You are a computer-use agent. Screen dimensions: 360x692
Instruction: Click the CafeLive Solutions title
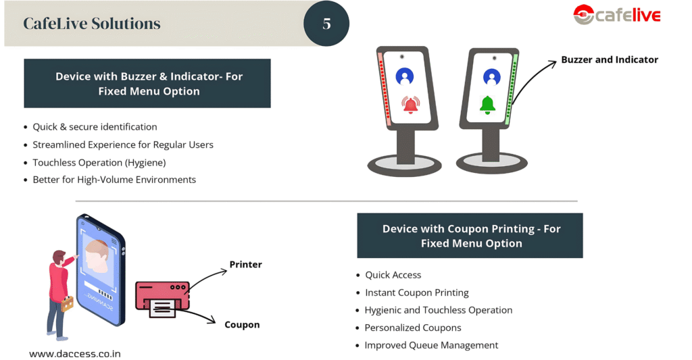pyautogui.click(x=92, y=24)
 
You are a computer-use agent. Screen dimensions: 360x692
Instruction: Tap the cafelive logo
pyautogui.click(x=616, y=15)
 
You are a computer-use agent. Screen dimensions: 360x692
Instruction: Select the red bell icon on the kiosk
pyautogui.click(x=410, y=105)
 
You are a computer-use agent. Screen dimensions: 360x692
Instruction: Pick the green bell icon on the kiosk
pyautogui.click(x=487, y=105)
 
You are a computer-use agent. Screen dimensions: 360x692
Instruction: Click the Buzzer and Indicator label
pyautogui.click(x=609, y=59)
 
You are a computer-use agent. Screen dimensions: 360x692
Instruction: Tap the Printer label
pyautogui.click(x=245, y=264)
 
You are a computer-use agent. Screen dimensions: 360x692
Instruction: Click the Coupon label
pyautogui.click(x=242, y=325)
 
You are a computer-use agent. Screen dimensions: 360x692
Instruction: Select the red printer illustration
pyautogui.click(x=161, y=297)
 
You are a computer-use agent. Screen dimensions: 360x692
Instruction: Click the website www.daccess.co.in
pyautogui.click(x=75, y=353)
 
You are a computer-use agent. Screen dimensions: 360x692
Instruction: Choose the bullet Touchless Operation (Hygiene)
pyautogui.click(x=99, y=162)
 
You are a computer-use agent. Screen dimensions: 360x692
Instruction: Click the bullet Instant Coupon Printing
pyautogui.click(x=416, y=292)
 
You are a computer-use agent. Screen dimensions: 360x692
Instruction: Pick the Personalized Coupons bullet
pyautogui.click(x=412, y=328)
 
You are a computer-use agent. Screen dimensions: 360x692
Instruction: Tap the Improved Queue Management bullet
pyautogui.click(x=431, y=345)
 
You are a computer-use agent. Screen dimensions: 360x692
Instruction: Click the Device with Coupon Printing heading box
pyautogui.click(x=470, y=236)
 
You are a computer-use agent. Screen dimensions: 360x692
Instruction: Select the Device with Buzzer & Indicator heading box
pyautogui.click(x=147, y=84)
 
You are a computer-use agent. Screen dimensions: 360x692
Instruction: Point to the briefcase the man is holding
pyautogui.click(x=68, y=304)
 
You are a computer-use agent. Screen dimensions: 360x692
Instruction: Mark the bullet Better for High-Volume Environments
pyautogui.click(x=114, y=180)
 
